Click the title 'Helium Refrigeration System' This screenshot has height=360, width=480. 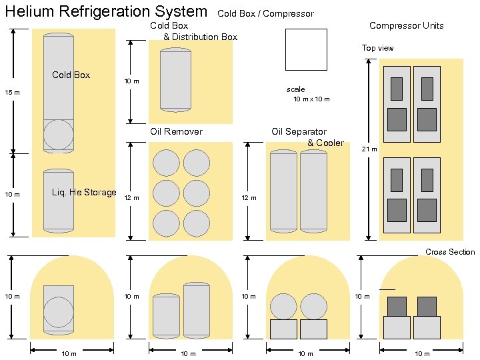pos(106,11)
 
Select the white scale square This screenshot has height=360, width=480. pos(306,49)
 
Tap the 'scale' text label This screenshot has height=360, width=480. pos(295,89)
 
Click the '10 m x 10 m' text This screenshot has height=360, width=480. pos(311,99)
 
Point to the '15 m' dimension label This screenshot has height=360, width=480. pos(13,92)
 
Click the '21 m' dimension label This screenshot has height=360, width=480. pos(369,149)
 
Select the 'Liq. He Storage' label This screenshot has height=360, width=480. pos(84,193)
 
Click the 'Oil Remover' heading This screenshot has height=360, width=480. pos(176,131)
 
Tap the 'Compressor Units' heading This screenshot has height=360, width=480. pos(406,26)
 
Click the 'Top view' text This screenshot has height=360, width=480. pos(377,48)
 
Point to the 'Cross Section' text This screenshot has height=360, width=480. pos(450,252)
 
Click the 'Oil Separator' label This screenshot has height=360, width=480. pos(299,131)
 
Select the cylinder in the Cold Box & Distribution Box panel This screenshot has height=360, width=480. pos(175,79)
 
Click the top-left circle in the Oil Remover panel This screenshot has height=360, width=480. pos(166,163)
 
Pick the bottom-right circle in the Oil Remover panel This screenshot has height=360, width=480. pos(197,223)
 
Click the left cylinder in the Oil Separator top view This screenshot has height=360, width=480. pos(283,191)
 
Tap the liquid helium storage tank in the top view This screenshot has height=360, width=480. pos(59,201)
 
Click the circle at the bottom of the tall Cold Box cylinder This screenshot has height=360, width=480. pos(59,135)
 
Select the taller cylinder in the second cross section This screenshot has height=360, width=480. pos(197,310)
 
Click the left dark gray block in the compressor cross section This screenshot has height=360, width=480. pos(397,307)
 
